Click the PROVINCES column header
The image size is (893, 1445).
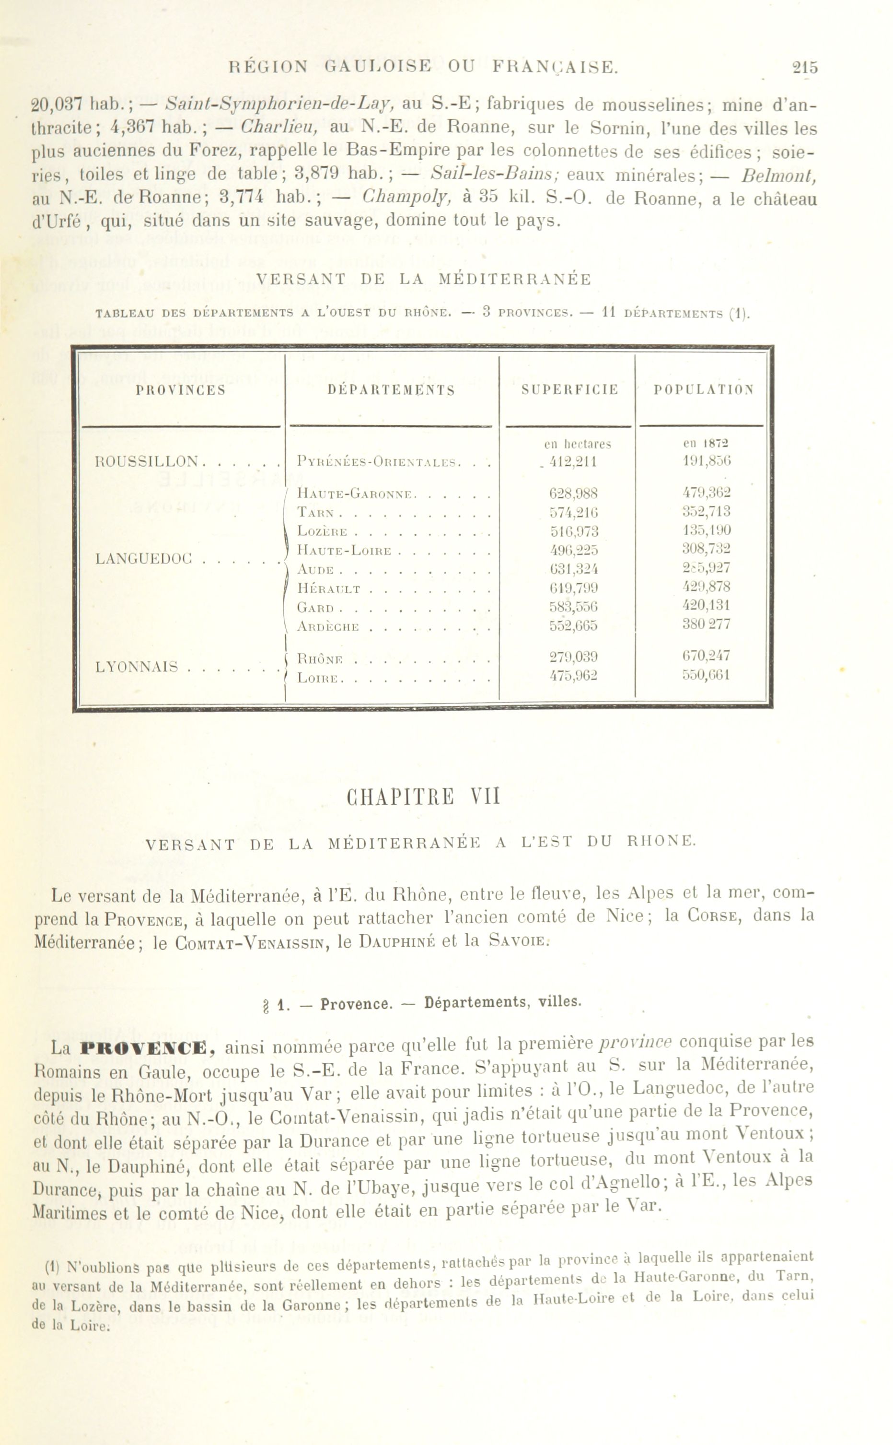point(181,390)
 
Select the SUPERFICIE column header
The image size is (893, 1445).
point(570,390)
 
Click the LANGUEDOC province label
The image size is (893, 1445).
point(144,558)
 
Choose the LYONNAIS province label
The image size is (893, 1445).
point(137,667)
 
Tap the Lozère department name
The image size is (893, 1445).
point(323,532)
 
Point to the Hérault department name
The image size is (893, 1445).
point(328,589)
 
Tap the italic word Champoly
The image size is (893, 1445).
point(407,197)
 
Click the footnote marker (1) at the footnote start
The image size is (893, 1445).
point(53,1267)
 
